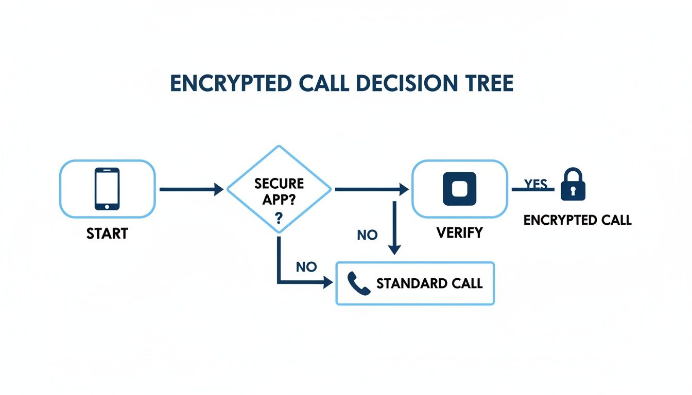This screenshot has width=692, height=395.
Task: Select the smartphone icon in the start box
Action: (x=107, y=189)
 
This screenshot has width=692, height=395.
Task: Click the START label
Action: (x=107, y=234)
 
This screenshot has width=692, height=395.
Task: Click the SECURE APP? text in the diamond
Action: (x=279, y=191)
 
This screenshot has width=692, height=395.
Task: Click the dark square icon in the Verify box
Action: (x=459, y=188)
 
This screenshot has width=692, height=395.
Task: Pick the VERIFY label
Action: (x=459, y=232)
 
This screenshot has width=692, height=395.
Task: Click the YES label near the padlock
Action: (x=535, y=184)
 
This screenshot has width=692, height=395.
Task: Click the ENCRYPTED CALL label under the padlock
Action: (x=577, y=220)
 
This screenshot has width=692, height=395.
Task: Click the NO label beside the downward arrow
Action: (x=367, y=235)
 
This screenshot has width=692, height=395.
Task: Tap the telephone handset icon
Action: (x=359, y=283)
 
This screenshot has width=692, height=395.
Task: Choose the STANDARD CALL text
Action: (x=429, y=283)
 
